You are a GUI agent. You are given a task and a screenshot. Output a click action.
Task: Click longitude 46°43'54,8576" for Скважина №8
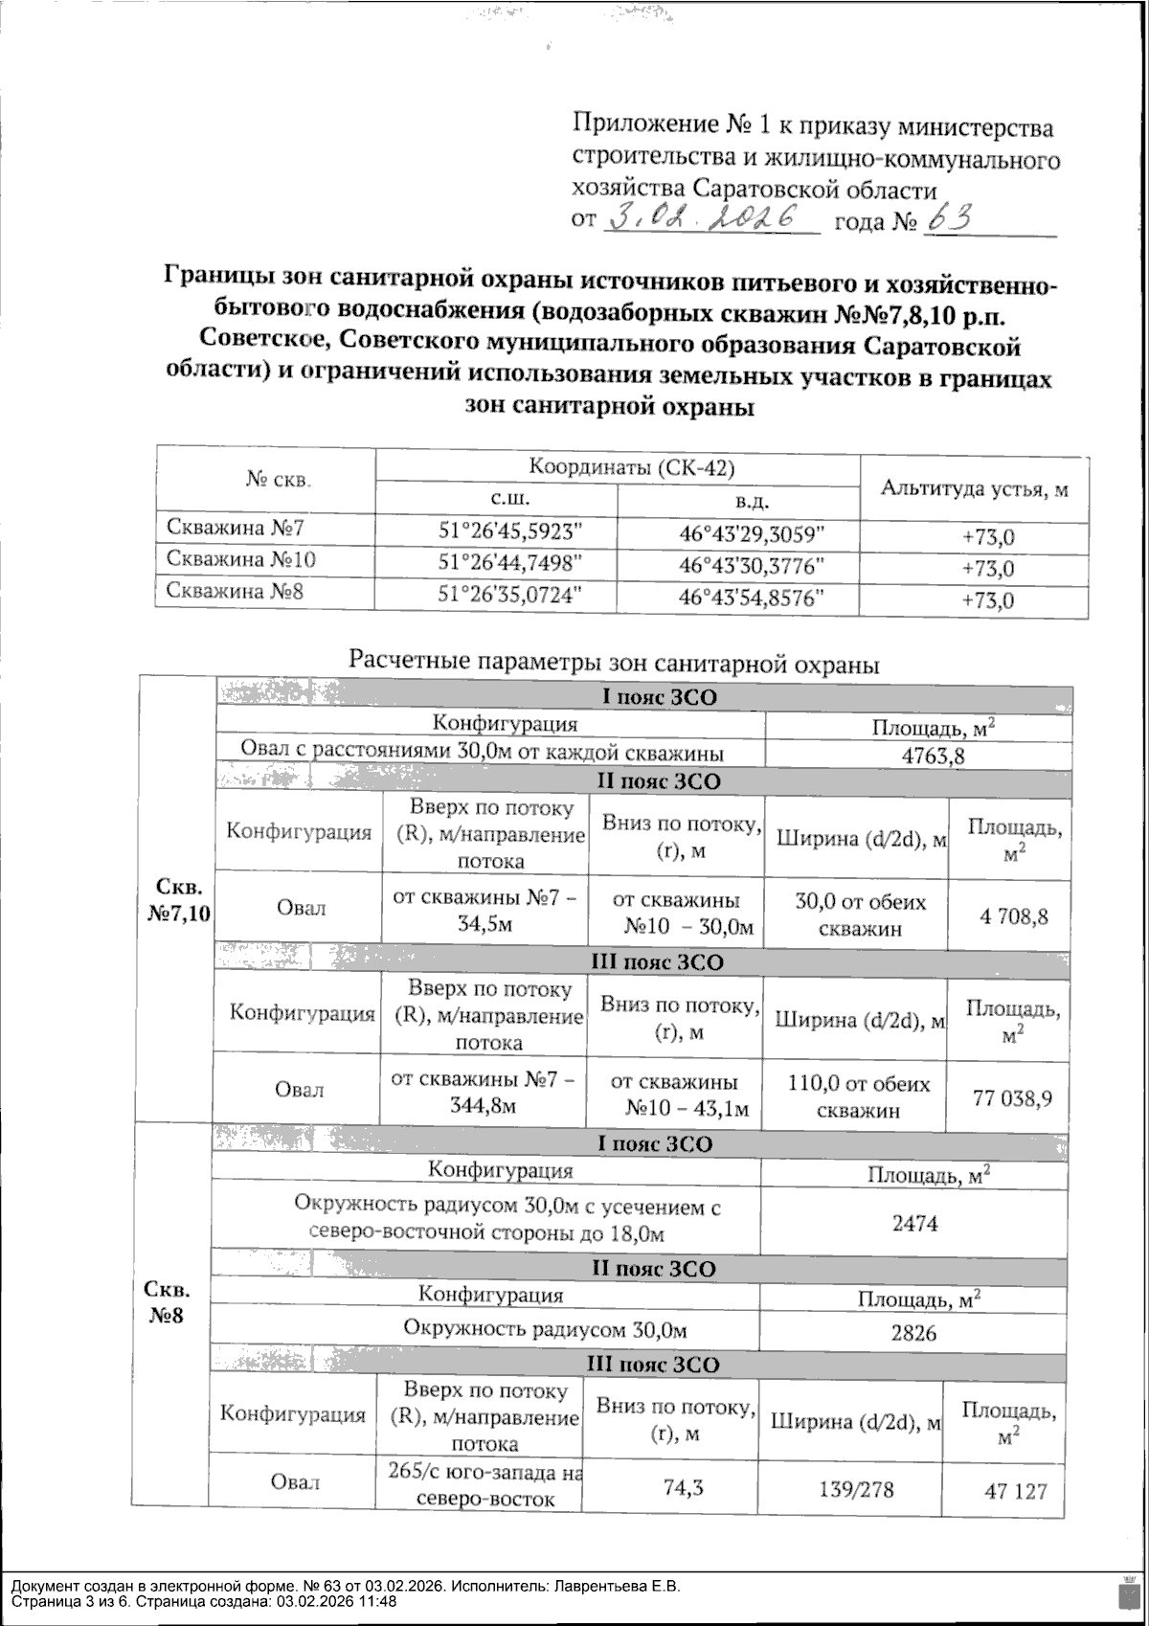coord(752,598)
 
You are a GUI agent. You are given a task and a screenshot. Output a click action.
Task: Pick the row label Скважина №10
coord(241,559)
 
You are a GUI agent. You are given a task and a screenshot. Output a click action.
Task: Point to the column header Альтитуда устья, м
coord(974,489)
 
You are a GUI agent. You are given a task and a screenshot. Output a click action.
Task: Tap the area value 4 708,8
coord(1013,916)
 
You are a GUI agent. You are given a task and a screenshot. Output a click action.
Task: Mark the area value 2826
coord(913,1333)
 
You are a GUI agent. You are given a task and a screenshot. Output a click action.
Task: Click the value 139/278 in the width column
coord(855,1490)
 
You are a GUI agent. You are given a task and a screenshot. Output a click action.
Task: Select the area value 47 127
coord(1016,1491)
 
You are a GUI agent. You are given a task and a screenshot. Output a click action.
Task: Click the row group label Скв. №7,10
coord(179,898)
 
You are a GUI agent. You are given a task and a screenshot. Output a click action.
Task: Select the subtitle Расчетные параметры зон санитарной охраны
coord(614,663)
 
